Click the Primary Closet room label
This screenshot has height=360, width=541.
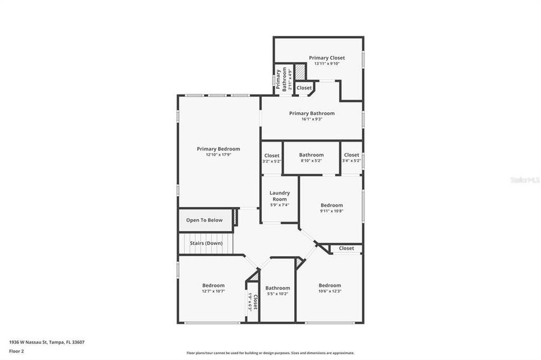pos(327,58)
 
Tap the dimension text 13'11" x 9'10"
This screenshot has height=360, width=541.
pos(327,64)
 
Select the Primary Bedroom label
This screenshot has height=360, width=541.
pos(219,149)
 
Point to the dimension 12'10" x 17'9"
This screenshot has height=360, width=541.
pos(219,155)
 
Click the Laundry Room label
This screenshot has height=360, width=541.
pos(280,196)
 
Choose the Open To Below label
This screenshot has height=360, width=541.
pos(204,220)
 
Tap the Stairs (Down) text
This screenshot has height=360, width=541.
pos(206,243)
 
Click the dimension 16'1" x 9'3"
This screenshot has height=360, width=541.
pos(312,119)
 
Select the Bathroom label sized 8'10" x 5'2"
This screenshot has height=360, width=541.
pos(312,155)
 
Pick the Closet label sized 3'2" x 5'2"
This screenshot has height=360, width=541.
pos(272,155)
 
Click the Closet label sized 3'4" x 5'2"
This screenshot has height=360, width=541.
pos(351,155)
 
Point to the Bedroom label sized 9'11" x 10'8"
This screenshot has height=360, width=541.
pos(331,205)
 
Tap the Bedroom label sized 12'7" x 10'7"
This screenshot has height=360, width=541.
pos(213,286)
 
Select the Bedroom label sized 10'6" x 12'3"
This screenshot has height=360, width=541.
pos(330,286)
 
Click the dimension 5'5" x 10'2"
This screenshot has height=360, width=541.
pos(277,294)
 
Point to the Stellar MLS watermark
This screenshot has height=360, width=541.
pos(524,179)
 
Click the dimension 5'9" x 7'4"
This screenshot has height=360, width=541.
pos(280,205)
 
